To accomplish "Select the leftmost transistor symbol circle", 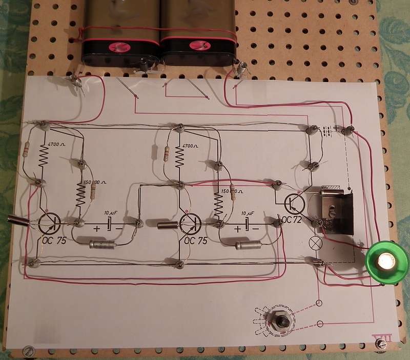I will click(x=49, y=223).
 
